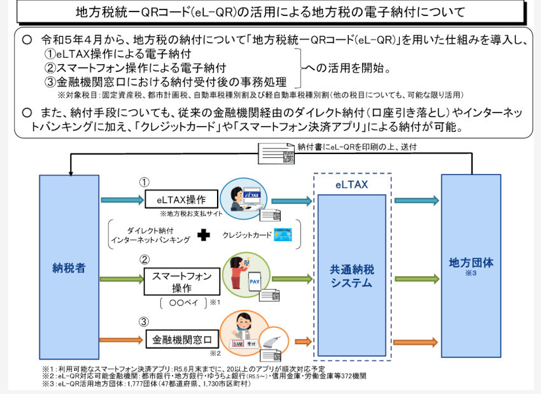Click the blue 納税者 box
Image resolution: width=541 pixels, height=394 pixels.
point(69,267)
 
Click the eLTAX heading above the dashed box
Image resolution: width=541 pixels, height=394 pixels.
point(352,185)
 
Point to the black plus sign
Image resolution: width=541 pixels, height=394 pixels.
point(203,235)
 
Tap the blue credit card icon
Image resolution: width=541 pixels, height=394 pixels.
point(282,235)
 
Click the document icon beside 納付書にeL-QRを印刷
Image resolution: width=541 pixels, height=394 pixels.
point(276,153)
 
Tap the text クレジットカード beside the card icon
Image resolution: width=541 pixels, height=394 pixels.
point(245,235)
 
